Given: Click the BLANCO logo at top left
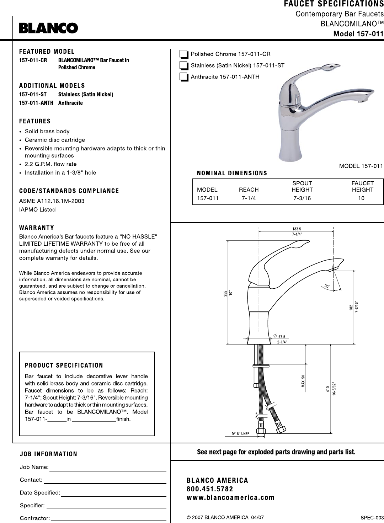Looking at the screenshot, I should click(48, 28).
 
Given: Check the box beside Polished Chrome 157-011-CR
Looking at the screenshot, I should click(183, 54).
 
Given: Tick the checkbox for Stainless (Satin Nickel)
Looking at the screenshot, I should click(183, 65).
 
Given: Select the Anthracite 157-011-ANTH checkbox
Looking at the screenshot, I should click(183, 77).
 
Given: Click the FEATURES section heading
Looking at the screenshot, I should click(35, 121).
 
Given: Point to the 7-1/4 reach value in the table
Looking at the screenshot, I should click(249, 198).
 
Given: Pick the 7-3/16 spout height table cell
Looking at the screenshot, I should click(302, 198).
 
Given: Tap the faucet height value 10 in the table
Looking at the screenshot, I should click(361, 198).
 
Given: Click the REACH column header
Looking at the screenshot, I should click(249, 190).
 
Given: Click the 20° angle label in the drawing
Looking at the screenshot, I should click(327, 286).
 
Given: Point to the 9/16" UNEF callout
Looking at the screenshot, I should click(240, 433).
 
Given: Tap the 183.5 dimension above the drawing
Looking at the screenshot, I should click(297, 229).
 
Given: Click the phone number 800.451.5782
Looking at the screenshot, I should click(210, 489).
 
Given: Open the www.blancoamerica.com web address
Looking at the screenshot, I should click(230, 497).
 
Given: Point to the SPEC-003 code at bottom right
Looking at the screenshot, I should click(372, 517).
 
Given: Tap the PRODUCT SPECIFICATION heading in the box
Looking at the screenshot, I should click(64, 365).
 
